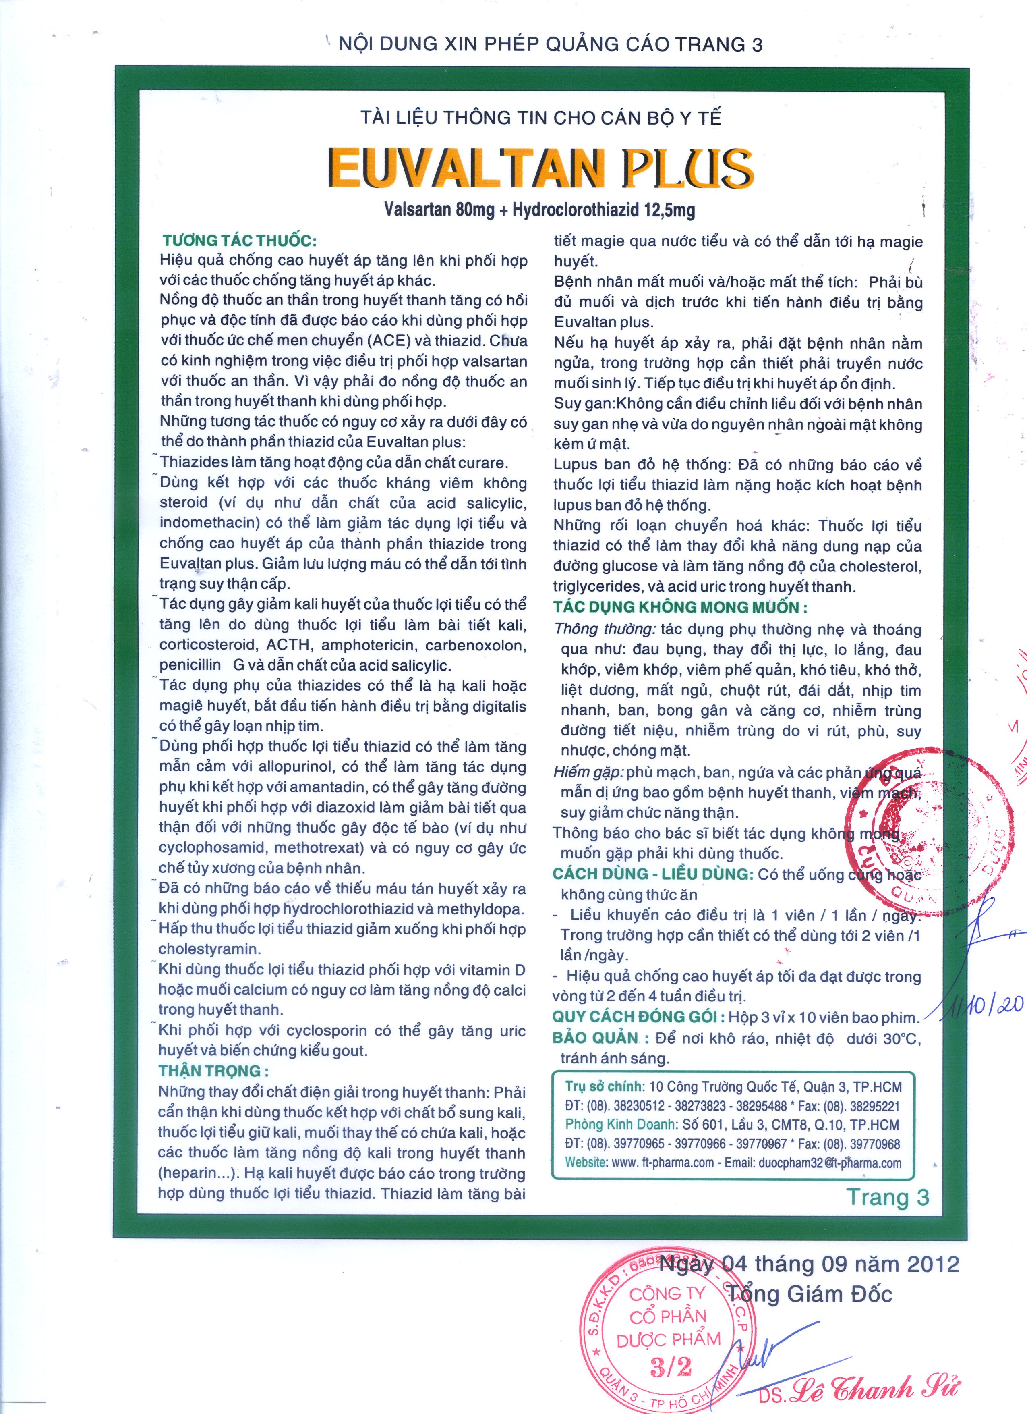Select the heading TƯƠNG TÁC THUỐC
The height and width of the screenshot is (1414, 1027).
pyautogui.click(x=239, y=241)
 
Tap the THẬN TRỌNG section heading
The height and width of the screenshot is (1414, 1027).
pyautogui.click(x=213, y=1071)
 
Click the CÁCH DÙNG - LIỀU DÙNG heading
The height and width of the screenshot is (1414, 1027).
pyautogui.click(x=653, y=874)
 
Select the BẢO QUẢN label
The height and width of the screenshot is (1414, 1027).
pyautogui.click(x=595, y=1038)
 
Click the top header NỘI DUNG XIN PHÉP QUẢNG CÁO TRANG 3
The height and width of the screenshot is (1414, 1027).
pyautogui.click(x=550, y=44)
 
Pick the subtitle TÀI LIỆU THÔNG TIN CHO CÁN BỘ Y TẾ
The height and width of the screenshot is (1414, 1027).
pyautogui.click(x=541, y=118)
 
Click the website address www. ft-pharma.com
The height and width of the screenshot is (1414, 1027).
pyautogui.click(x=663, y=1163)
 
